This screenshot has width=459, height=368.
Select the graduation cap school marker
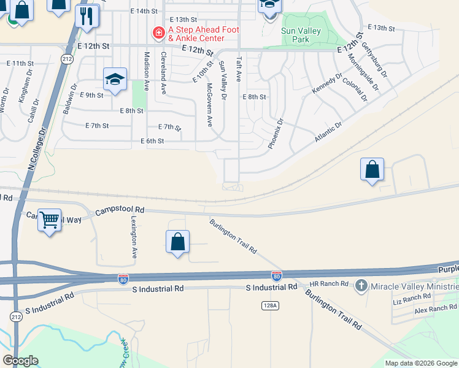[x=115, y=79]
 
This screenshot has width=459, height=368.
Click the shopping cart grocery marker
[x=49, y=218]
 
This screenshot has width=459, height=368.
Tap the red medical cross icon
[x=158, y=32]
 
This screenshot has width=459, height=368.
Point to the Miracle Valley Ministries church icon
[x=361, y=285]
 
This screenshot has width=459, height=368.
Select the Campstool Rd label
[x=120, y=210]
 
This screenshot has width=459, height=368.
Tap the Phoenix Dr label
[x=275, y=134]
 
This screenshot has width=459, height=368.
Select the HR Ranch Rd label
[x=329, y=284]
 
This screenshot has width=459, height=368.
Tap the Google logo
[x=20, y=361]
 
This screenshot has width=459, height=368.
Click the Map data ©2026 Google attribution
[x=420, y=363]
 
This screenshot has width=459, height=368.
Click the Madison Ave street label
[x=147, y=71]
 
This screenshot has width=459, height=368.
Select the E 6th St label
[x=152, y=141]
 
